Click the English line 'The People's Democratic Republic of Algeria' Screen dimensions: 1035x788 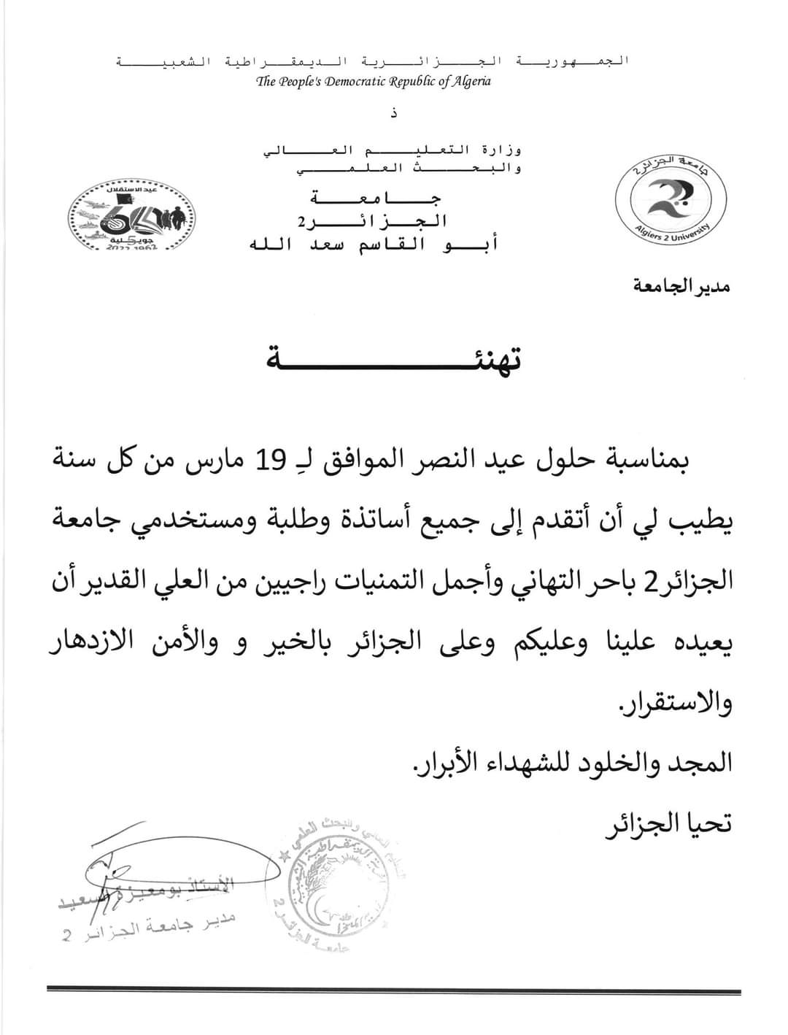click(373, 81)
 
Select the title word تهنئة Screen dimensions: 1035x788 click(395, 359)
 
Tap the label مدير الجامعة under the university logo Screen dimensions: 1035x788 click(681, 286)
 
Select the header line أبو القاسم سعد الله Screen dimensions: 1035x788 click(373, 245)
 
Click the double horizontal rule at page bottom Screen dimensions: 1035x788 click(394, 990)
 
